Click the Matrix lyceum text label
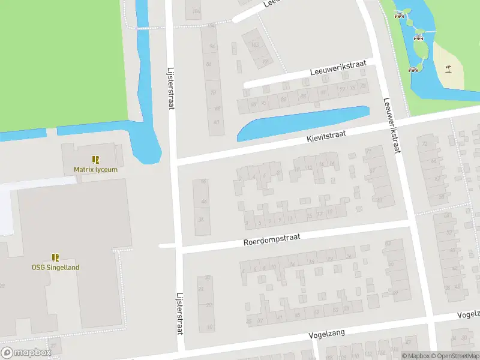point(95,169)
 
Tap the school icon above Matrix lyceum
point(95,160)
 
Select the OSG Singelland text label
point(55,267)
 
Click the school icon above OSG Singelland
point(55,257)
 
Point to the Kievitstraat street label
point(326,137)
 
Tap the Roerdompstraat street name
point(271,239)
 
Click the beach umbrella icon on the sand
point(448,68)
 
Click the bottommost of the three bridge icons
point(413,70)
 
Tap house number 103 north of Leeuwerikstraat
point(255,44)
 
